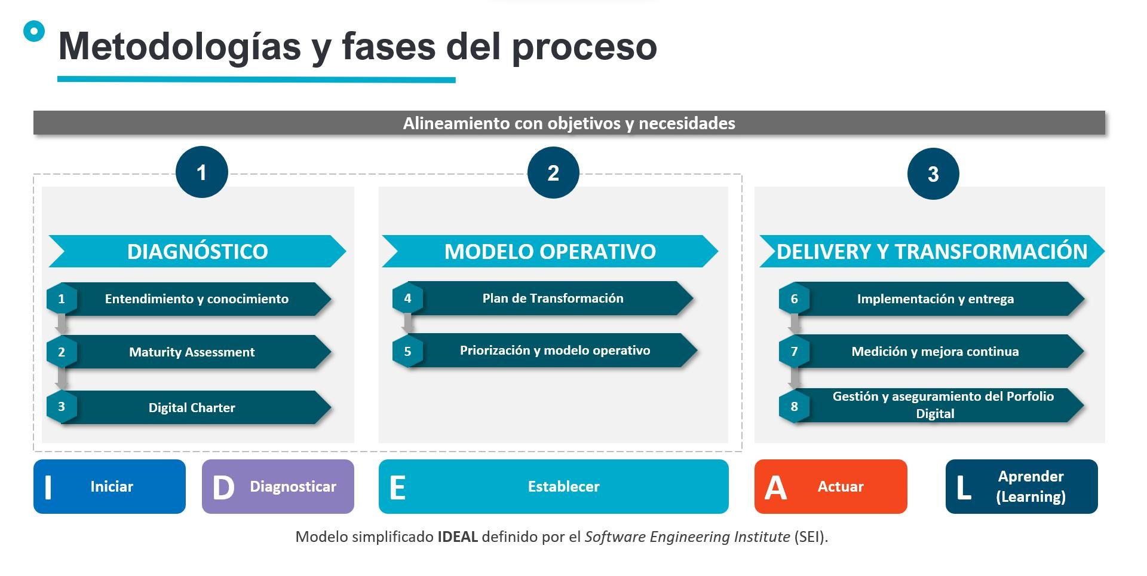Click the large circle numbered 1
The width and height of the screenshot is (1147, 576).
point(202,172)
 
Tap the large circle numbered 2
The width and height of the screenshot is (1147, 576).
point(553,173)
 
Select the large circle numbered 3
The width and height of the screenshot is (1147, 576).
point(933,174)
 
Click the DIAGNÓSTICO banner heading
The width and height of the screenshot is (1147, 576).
point(197,251)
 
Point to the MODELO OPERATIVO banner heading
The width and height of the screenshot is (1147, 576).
point(550,251)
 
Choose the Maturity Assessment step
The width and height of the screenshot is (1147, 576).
point(190,352)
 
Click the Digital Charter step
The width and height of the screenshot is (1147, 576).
point(190,407)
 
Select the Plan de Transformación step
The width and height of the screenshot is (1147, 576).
point(544,298)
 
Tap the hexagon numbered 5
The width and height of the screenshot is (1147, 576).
point(407,351)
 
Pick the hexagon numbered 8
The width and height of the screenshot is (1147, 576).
point(794,406)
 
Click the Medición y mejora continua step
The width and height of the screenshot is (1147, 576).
point(932,351)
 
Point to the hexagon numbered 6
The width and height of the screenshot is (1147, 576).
point(794,298)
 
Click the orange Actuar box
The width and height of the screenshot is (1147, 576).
point(831,486)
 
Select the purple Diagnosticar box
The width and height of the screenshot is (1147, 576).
point(278,486)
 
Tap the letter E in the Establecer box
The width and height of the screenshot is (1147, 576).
point(397,487)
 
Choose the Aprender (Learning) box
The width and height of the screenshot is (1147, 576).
point(1022,486)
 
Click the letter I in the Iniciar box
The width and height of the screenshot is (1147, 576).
point(48,487)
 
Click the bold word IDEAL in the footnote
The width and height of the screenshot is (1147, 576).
point(458,537)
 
